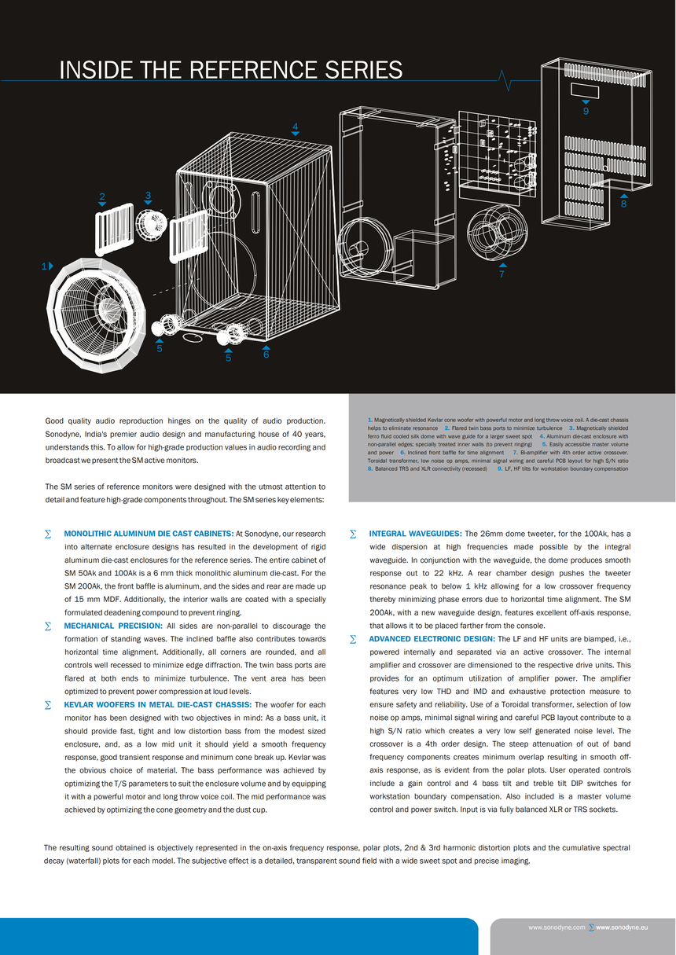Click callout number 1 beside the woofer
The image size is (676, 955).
click(44, 266)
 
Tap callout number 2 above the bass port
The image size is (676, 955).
click(102, 197)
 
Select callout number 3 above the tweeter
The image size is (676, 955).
click(148, 195)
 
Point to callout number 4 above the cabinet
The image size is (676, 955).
click(295, 127)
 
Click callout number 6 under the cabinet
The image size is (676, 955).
click(266, 354)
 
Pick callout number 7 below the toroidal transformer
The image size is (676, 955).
click(501, 274)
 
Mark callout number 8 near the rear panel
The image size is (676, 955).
click(623, 204)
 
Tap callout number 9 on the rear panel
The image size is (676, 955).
click(586, 112)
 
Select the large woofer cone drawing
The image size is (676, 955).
click(96, 314)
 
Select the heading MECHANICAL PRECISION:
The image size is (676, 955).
click(113, 626)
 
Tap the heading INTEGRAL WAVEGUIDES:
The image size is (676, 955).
click(415, 534)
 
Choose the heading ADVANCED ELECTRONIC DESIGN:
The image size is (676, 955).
click(432, 639)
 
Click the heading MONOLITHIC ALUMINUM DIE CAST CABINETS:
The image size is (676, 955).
click(149, 534)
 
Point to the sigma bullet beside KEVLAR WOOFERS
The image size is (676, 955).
click(48, 705)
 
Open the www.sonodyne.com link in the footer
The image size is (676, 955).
click(557, 927)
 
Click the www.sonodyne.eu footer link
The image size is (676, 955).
click(622, 927)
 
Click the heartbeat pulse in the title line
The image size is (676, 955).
click(508, 80)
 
